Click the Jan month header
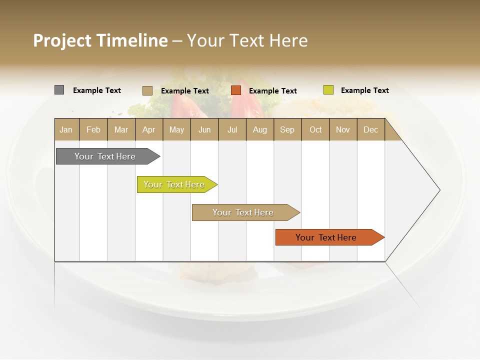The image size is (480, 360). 66,129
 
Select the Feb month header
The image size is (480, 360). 93,129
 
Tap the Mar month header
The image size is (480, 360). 121,129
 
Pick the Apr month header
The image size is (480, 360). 148,129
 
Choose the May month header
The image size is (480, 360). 176,129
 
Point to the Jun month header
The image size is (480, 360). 204,129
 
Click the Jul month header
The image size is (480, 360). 232,129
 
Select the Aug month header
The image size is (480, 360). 259,129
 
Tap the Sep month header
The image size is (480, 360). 287,129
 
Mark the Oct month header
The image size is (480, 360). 315,129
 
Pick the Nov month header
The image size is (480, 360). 343,129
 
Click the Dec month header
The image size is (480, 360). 370,129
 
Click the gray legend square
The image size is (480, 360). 59,90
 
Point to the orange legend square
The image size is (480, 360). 236,90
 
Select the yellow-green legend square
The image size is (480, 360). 328,90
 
